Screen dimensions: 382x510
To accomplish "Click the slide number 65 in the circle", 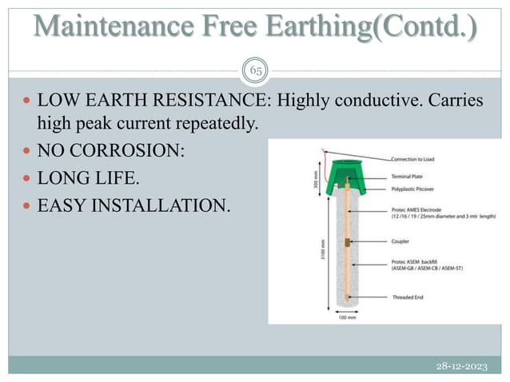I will [255, 71].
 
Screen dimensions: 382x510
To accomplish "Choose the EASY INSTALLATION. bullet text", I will [132, 205].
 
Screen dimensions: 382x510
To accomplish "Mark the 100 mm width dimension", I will [347, 318].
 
